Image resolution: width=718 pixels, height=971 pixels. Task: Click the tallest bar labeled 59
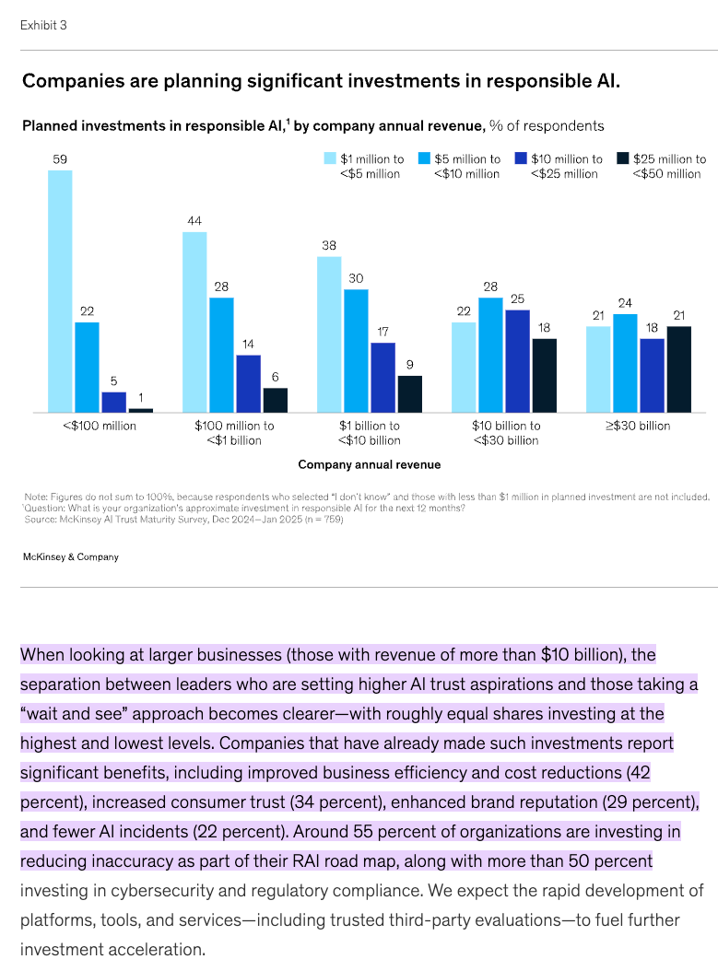coord(60,290)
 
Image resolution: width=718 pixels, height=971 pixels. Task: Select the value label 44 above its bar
coord(194,221)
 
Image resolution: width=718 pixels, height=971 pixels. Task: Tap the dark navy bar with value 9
coord(410,393)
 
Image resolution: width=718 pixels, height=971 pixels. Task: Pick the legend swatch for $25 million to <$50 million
coord(622,158)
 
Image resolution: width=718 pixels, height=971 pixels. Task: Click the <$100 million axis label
coord(100,426)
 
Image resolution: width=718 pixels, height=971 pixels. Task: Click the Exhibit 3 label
coord(43,25)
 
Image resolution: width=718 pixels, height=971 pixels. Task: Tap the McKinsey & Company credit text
coord(71,556)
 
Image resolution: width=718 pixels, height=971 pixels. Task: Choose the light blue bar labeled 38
coord(329,333)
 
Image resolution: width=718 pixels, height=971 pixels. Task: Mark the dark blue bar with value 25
coord(518,360)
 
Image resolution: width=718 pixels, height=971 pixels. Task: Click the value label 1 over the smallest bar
coord(141,397)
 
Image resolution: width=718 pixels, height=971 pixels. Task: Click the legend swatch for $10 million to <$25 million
coord(521,158)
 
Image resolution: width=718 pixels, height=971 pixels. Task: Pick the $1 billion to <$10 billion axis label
coord(369,432)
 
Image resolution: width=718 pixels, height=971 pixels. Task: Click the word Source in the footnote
coord(41,520)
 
